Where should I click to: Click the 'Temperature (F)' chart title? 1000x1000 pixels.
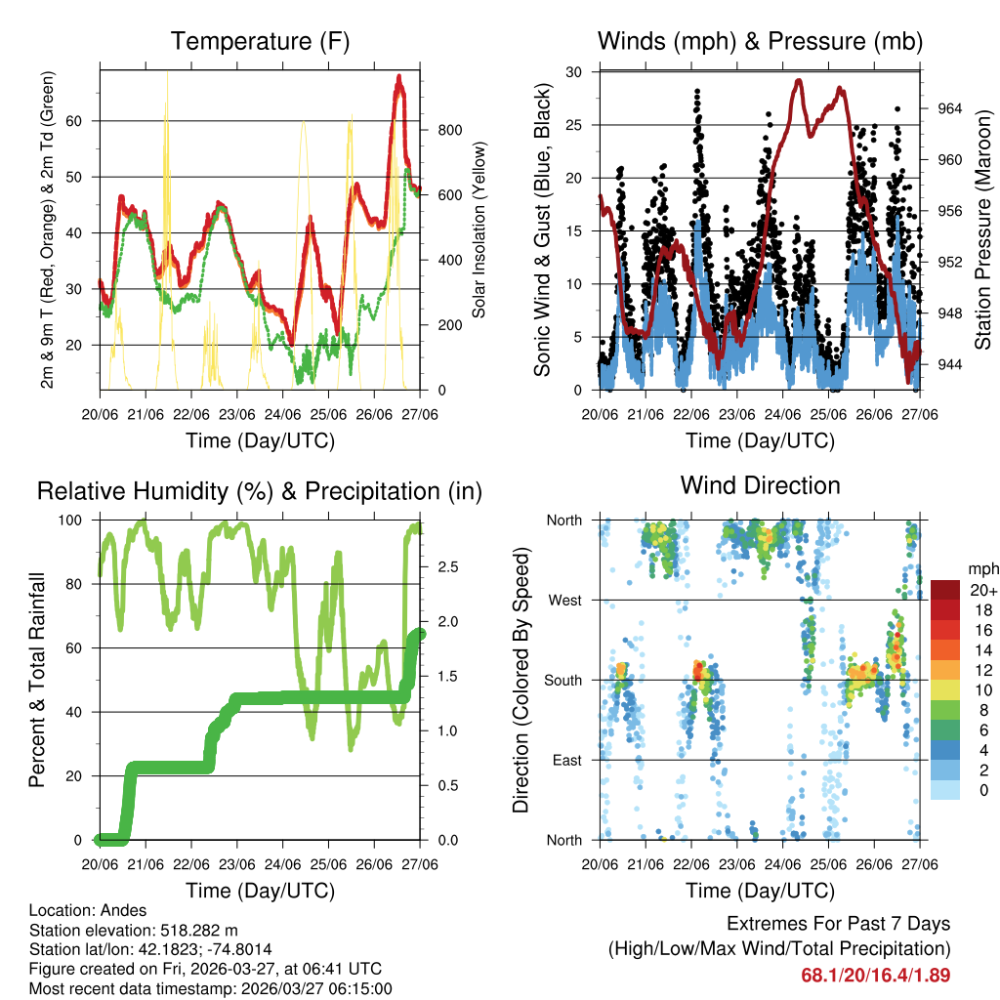[260, 41]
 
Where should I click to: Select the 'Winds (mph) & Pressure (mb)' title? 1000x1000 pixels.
[760, 41]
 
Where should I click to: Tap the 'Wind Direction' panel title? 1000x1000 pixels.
[760, 485]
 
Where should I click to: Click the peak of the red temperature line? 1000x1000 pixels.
[398, 76]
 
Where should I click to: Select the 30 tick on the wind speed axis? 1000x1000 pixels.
[576, 72]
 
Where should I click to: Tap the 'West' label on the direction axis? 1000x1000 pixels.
[564, 600]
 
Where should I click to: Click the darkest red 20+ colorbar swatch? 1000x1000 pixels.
[944, 590]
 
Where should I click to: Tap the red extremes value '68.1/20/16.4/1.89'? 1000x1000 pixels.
[875, 975]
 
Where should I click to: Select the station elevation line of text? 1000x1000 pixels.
[134, 930]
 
